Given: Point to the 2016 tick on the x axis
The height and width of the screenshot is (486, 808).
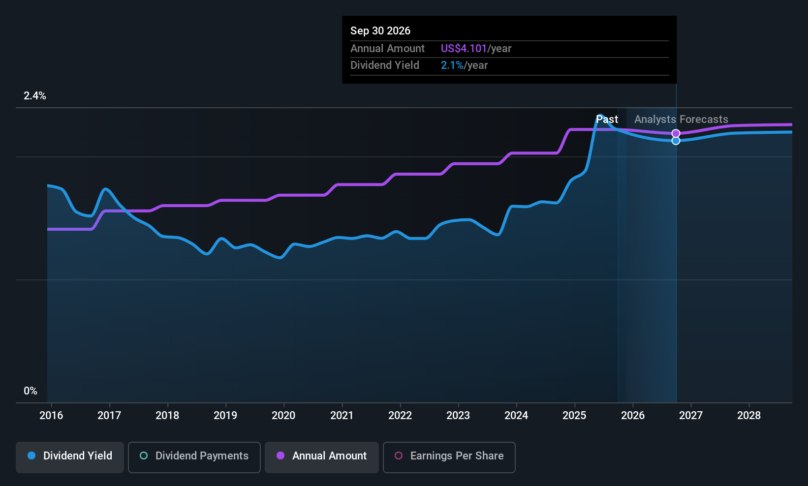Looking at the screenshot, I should coord(51,416).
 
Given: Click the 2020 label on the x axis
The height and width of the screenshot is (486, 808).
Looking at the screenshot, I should coord(283,416).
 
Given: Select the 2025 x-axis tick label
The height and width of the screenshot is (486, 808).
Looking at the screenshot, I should coord(574,416).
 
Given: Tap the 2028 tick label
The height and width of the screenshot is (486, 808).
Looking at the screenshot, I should coord(748,416).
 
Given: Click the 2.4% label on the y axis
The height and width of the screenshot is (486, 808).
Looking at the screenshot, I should coord(35,96).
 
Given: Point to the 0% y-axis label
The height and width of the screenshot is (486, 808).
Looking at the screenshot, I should coord(31,391).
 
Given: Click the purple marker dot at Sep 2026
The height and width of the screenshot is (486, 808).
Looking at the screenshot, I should coord(676,133).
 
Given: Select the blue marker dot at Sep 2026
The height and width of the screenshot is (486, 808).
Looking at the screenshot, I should coord(676,141).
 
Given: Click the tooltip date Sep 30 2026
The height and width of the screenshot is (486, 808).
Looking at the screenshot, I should coord(380,31).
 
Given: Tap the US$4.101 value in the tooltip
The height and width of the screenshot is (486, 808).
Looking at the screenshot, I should coord(464,49).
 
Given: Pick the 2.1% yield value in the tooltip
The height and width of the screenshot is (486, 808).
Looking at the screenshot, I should coord(452,65).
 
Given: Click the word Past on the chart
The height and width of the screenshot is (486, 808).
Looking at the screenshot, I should coord(607,120).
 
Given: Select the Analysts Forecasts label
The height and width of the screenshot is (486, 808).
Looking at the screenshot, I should coord(681,120).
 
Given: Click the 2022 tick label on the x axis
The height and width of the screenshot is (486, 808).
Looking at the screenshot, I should coord(400,416).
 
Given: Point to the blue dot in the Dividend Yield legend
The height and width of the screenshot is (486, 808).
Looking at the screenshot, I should coord(31,456).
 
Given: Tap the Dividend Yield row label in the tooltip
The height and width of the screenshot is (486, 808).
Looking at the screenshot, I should coord(385,65).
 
